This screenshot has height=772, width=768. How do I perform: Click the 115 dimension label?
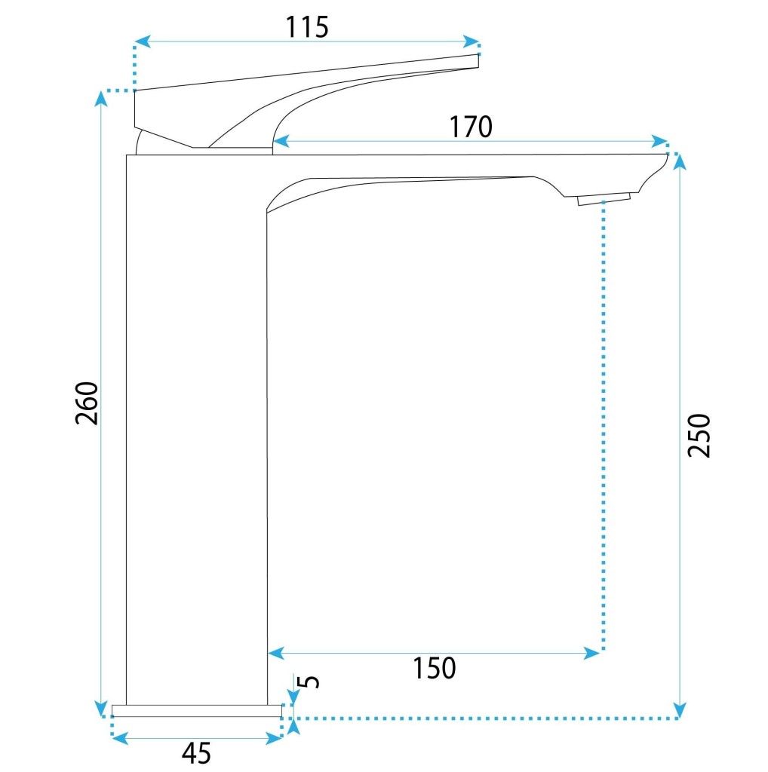307,27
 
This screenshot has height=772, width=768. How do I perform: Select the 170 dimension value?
471,127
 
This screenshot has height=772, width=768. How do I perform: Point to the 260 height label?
88,403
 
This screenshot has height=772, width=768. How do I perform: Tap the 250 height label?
699,436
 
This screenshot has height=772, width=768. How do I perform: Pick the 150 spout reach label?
434,668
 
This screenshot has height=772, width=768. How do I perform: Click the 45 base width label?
197,753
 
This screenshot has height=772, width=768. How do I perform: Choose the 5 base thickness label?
310,681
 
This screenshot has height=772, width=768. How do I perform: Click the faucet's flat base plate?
197,710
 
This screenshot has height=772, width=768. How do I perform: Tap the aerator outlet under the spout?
604,199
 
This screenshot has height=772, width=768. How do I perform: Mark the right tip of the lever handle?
478,60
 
